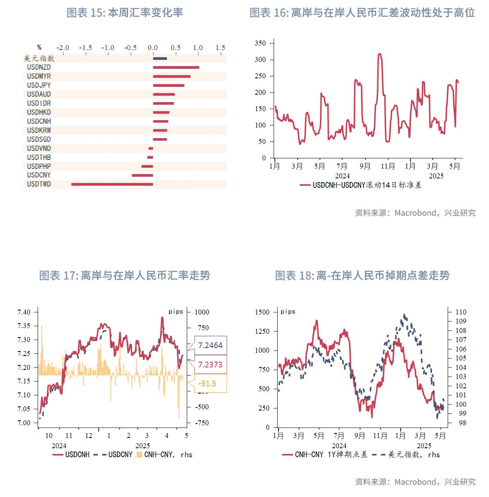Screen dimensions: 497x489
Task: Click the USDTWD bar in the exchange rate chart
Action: (x=112, y=184)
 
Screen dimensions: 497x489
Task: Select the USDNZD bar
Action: (x=176, y=67)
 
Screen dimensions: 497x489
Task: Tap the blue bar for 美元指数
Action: (x=160, y=58)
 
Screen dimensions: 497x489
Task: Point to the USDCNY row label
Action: (x=39, y=175)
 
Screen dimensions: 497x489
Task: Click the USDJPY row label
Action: (x=39, y=85)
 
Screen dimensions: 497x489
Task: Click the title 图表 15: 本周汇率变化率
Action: (x=125, y=13)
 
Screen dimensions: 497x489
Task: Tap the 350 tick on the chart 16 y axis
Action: (x=260, y=43)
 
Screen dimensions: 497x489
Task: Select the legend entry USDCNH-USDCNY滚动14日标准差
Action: (x=361, y=185)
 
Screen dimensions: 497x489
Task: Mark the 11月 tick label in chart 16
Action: (x=388, y=166)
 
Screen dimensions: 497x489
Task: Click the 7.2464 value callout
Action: (x=210, y=345)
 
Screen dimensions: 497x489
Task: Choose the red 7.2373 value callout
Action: (x=210, y=365)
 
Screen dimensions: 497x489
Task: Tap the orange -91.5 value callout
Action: (x=207, y=383)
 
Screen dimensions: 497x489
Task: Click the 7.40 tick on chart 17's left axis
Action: (x=24, y=312)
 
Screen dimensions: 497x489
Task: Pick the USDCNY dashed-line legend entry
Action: (x=114, y=454)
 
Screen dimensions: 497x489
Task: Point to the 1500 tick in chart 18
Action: (x=262, y=312)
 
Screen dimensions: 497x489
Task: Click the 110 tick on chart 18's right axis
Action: (x=461, y=312)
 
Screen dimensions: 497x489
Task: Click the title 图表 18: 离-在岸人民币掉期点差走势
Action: (x=362, y=276)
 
